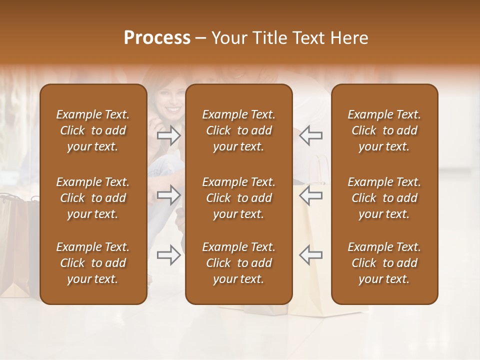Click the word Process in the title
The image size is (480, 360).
tap(157, 38)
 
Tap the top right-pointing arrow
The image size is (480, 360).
tap(169, 135)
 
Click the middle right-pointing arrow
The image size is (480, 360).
tap(169, 195)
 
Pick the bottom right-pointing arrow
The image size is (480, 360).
tap(169, 254)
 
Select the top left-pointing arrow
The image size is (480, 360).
tap(310, 135)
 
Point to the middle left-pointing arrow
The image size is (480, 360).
tap(310, 195)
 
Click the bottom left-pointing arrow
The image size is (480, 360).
tap(310, 254)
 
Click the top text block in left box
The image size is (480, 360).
tap(93, 130)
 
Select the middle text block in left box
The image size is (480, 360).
tap(93, 198)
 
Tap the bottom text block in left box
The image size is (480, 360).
tap(93, 263)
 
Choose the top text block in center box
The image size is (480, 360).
tap(238, 130)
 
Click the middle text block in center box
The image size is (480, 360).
tap(238, 198)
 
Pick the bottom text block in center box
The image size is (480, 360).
tap(238, 263)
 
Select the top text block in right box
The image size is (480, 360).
tap(384, 130)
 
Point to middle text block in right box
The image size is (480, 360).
tap(384, 198)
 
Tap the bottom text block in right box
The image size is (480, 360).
tap(384, 263)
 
